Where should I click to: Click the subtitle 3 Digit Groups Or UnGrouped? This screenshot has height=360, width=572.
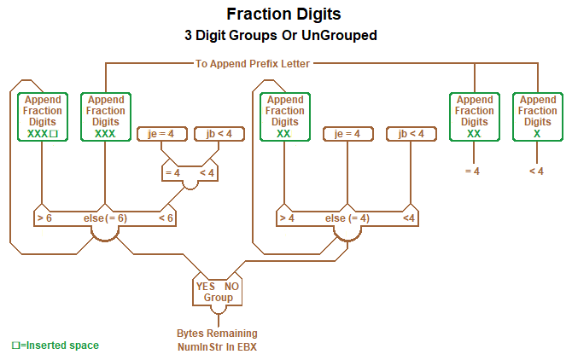tap(286, 36)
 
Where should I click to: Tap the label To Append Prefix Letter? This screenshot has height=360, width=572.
tap(253, 63)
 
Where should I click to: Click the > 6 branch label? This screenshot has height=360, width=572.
tap(45, 218)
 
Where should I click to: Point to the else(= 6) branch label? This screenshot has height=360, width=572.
tap(106, 218)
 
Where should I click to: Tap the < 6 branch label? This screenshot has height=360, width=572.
tap(166, 218)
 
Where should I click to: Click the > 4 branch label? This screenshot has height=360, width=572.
tap(287, 218)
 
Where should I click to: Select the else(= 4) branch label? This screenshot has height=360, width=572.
tap(347, 218)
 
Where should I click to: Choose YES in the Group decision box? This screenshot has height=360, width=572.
tap(206, 287)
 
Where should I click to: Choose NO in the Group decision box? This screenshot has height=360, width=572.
tap(231, 287)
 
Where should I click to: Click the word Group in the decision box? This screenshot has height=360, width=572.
tap(219, 298)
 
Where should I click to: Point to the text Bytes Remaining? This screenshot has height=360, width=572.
tap(217, 334)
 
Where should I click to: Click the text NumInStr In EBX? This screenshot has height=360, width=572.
tap(217, 346)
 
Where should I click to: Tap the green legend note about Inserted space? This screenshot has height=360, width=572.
tap(55, 345)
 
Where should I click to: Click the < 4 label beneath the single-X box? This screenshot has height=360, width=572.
tap(536, 171)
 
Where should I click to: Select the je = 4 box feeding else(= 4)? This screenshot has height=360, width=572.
tap(347, 134)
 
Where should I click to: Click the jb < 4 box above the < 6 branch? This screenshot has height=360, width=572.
tap(213, 134)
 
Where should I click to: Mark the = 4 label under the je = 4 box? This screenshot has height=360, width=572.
tap(172, 173)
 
